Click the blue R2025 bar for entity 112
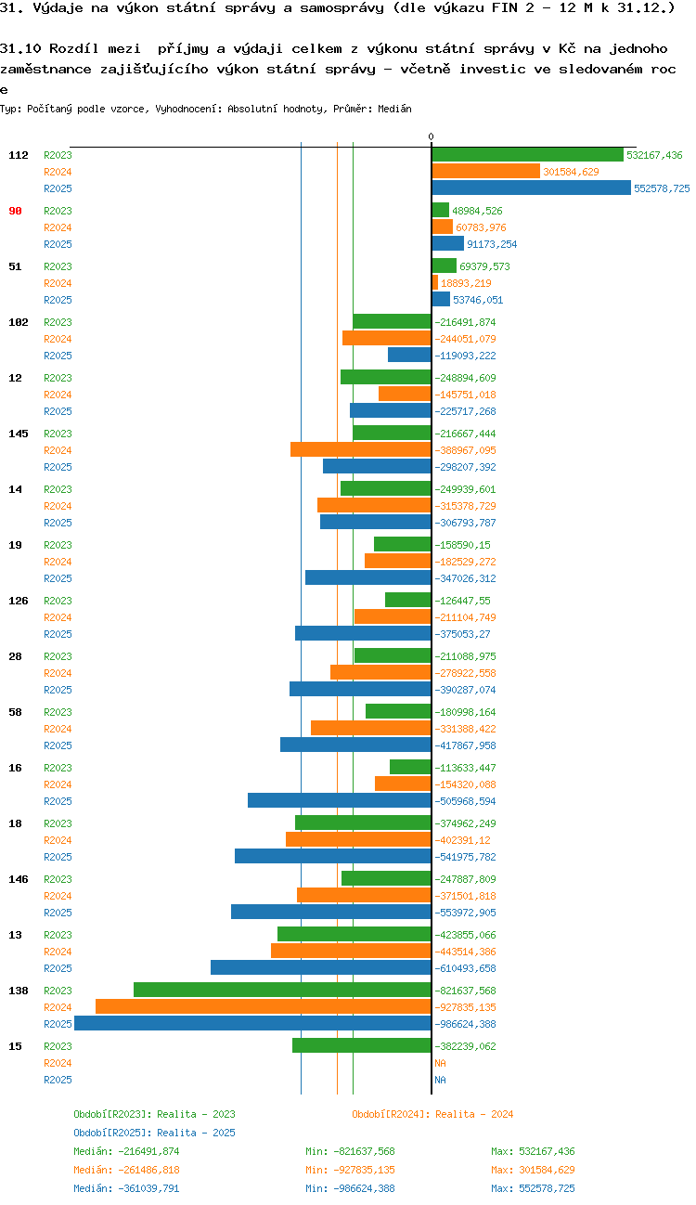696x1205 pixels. click(531, 188)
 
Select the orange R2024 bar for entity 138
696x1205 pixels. click(264, 1006)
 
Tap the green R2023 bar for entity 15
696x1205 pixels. click(362, 1045)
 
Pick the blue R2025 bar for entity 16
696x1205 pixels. click(340, 800)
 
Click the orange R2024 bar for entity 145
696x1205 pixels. click(361, 449)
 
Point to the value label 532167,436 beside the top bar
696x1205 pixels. click(654, 155)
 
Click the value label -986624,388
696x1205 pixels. click(465, 1024)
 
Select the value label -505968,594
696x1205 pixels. click(465, 801)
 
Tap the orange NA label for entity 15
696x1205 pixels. click(440, 1063)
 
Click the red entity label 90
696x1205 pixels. click(15, 211)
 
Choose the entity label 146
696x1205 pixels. click(18, 879)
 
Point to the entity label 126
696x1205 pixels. click(18, 601)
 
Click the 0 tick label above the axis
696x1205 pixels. click(431, 137)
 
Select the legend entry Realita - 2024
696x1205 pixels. click(432, 1114)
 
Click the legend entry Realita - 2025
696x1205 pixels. click(154, 1133)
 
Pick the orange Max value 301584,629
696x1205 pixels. click(533, 1170)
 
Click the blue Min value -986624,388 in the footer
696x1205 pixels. click(350, 1188)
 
